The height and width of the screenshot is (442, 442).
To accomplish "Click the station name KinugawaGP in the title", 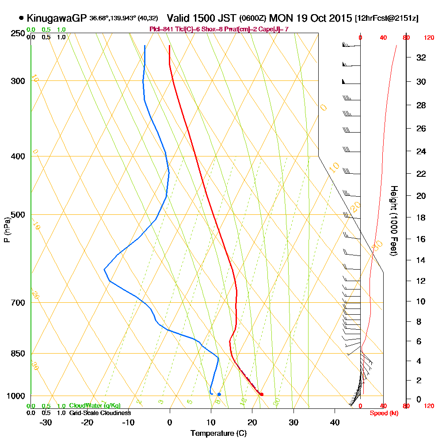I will (x=57, y=18).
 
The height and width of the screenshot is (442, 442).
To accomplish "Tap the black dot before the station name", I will (x=21, y=18).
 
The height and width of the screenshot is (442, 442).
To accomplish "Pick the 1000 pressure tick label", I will (x=16, y=396).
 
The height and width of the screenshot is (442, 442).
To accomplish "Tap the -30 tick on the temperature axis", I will (x=46, y=422).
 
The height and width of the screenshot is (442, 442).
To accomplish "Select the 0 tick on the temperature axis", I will (x=170, y=422).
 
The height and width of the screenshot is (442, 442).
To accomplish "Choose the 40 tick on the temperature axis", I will (x=335, y=422).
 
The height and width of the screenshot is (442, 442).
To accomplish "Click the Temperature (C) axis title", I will (x=218, y=433).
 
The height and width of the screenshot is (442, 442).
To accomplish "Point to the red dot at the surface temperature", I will (x=262, y=394).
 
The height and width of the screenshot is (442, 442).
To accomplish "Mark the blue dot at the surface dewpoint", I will (x=219, y=394).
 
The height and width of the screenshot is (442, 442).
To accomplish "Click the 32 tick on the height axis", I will (x=421, y=57).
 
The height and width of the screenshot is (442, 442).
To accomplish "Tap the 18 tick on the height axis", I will (x=421, y=217).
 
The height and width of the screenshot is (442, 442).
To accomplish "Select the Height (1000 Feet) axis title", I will (x=392, y=221).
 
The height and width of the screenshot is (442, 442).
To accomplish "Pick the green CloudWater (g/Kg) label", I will (x=95, y=406).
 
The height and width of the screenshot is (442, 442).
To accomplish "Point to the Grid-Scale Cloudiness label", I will (x=100, y=413).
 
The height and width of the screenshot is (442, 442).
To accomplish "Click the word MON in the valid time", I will (x=282, y=18).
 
